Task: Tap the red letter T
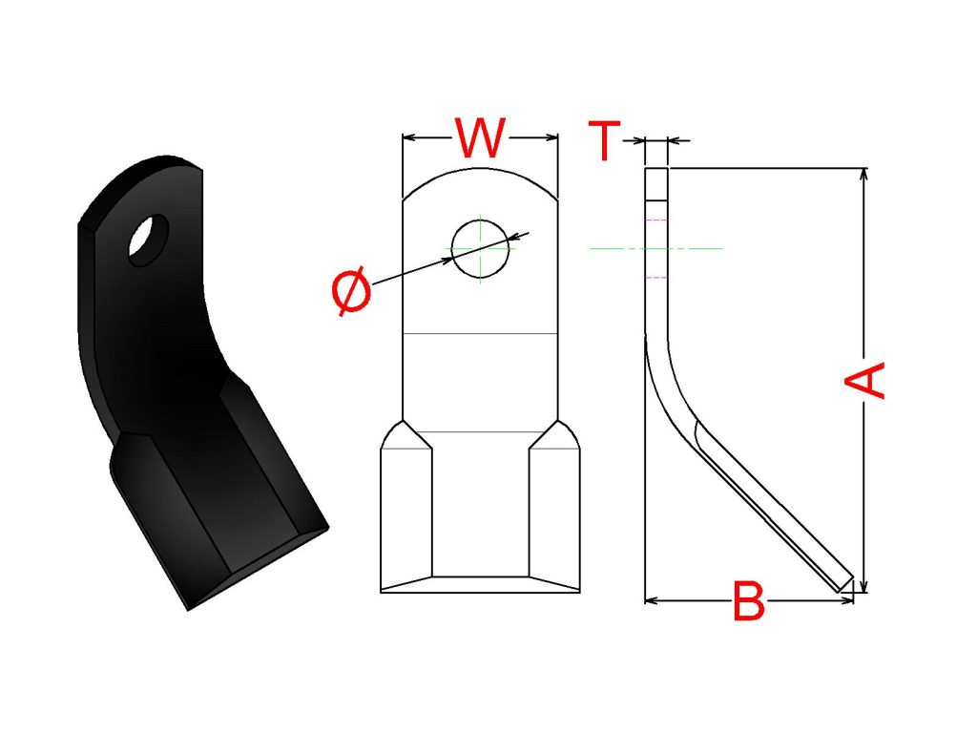pos(604,140)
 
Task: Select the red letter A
pos(864,379)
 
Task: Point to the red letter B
pos(748,601)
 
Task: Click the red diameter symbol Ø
pos(351,291)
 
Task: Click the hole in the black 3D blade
pos(148,241)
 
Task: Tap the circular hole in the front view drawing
pos(481,249)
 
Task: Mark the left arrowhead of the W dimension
pos(408,137)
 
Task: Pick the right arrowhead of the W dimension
pos(551,137)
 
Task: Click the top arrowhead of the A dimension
pos(863,174)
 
